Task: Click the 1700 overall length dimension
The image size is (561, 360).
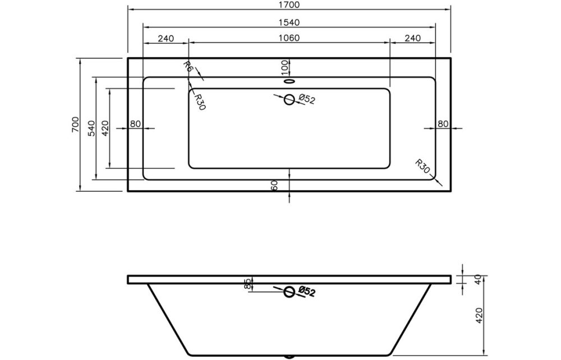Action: (289, 6)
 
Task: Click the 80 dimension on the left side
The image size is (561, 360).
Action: (135, 124)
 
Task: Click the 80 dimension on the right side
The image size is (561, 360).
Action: (443, 124)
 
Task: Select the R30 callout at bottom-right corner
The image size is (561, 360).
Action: (423, 167)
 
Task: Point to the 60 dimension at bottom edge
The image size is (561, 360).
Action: (275, 186)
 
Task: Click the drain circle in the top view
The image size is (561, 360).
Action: (289, 100)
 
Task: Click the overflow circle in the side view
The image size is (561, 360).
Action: (289, 292)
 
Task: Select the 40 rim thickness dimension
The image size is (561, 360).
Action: (479, 279)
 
